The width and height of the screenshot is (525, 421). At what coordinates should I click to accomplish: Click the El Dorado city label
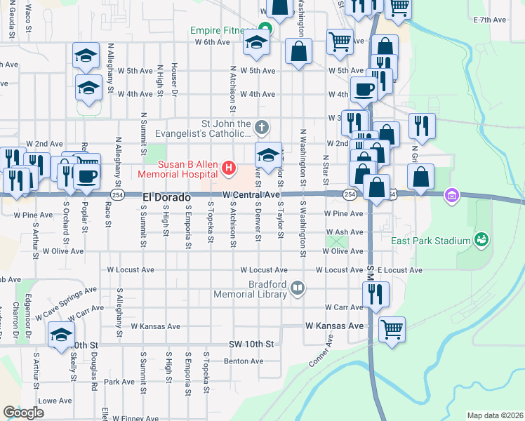(x=167, y=197)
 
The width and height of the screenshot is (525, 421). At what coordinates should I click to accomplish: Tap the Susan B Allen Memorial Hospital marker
(x=227, y=168)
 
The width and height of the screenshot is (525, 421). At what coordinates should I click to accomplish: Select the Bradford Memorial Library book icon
(x=298, y=288)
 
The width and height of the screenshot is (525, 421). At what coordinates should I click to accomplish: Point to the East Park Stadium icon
(x=481, y=241)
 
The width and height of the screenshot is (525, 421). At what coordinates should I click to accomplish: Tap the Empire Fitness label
(x=218, y=31)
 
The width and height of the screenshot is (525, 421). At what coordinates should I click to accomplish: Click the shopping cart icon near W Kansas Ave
(x=392, y=328)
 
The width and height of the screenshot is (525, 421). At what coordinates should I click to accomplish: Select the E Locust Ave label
(x=399, y=269)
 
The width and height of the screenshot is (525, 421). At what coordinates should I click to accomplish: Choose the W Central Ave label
(x=251, y=194)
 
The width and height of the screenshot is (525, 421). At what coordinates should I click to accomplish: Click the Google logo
(x=23, y=413)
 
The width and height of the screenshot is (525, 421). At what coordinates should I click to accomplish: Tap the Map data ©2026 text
(x=494, y=415)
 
